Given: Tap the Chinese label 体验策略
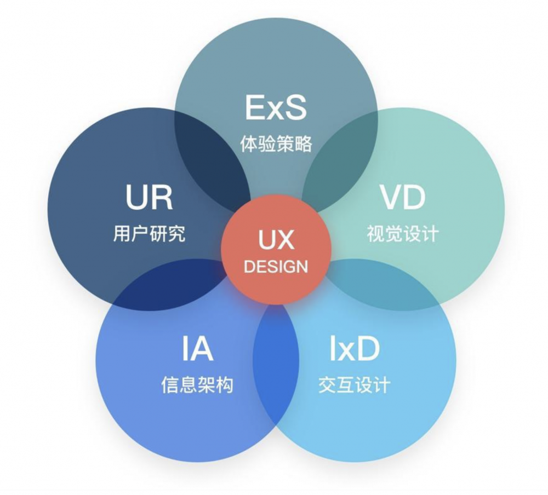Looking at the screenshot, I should [x=276, y=143].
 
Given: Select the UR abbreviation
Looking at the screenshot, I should [x=149, y=197].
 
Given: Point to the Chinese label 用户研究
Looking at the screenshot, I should [x=149, y=234].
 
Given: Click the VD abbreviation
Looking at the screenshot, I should [x=403, y=197].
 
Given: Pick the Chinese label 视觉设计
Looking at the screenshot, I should [x=403, y=234].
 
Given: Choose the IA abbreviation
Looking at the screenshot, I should [x=197, y=349].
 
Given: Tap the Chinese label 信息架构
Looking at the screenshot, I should [x=197, y=385].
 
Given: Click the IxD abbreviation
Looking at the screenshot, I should [x=354, y=349].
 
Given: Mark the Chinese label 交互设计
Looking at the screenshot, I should [x=354, y=385].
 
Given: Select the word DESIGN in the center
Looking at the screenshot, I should [x=276, y=267].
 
